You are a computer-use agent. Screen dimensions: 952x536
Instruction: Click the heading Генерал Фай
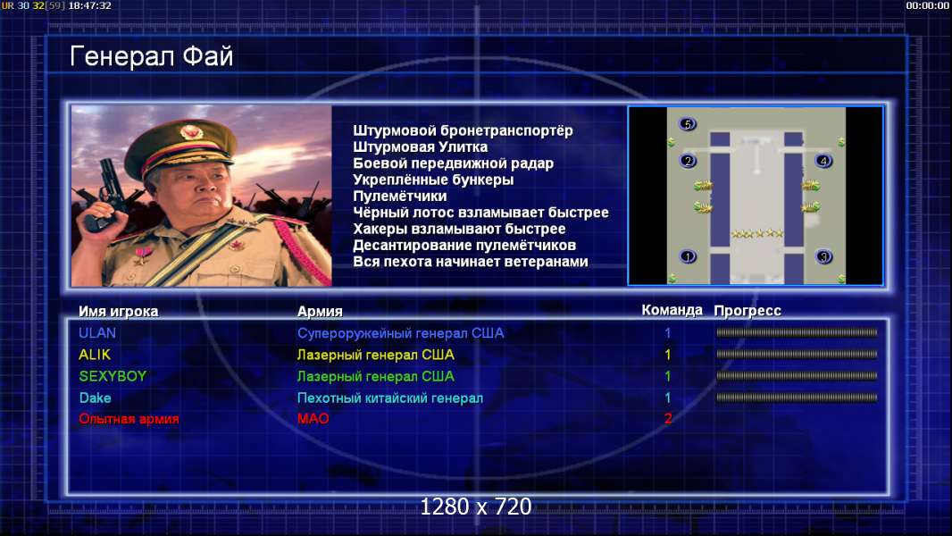(151, 56)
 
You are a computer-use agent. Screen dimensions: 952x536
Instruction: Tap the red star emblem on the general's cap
(190, 131)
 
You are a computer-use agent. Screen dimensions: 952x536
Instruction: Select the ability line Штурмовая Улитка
(420, 147)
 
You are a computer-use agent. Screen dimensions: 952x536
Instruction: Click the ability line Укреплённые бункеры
(433, 180)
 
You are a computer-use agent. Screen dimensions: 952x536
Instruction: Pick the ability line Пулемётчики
(399, 196)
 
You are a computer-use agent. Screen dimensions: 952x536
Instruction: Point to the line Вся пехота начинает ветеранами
(471, 262)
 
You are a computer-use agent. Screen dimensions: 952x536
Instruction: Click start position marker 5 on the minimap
(688, 124)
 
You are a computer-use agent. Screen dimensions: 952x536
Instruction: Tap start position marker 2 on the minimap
(688, 161)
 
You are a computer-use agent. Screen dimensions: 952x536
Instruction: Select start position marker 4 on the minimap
(823, 161)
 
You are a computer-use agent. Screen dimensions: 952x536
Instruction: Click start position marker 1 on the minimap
(688, 256)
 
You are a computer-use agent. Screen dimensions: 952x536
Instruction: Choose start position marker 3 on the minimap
(823, 256)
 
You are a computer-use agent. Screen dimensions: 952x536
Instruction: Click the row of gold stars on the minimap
(756, 233)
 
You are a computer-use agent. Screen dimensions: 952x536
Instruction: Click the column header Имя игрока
(119, 312)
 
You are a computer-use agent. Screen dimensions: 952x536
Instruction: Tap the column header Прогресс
(747, 311)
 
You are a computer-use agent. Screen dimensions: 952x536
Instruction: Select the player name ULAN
(97, 333)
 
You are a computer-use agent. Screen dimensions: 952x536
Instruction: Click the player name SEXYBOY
(113, 376)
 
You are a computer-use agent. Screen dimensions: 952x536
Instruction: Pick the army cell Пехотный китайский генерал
(390, 398)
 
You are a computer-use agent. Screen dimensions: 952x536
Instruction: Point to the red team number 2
(668, 419)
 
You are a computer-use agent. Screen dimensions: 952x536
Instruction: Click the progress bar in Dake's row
(797, 398)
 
